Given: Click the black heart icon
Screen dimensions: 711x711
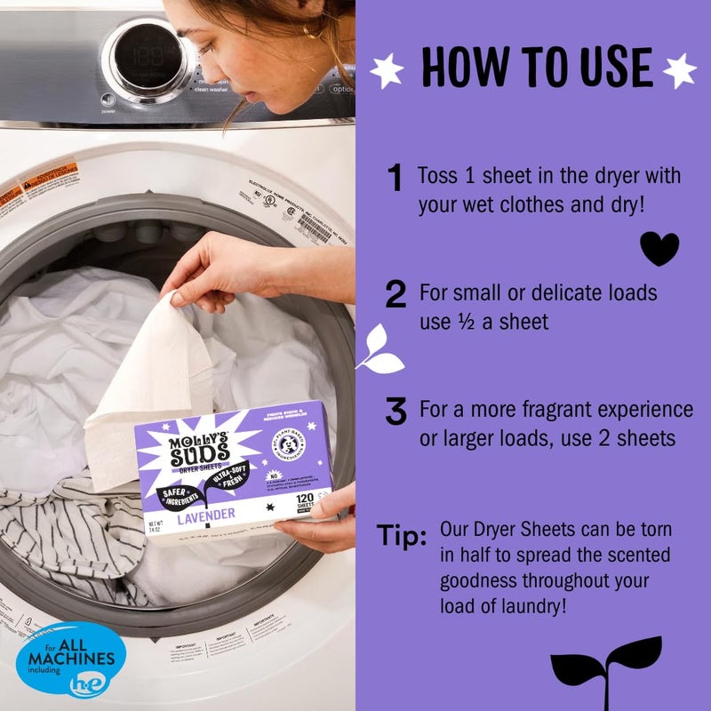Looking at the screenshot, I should (x=659, y=249).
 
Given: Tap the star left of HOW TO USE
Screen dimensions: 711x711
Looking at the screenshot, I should (x=387, y=70).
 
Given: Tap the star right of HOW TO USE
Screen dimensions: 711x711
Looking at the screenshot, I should (x=680, y=70).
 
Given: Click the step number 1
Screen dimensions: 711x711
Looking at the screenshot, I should (x=395, y=179).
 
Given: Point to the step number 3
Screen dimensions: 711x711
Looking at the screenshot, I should (x=395, y=412).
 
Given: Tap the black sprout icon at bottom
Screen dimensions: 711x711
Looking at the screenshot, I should (x=606, y=671).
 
